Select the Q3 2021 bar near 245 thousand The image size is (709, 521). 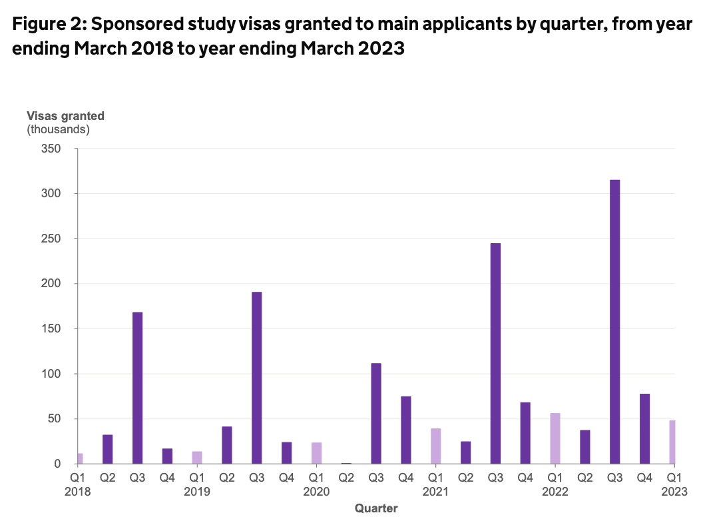pos(495,353)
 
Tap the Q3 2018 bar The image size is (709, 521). pos(137,388)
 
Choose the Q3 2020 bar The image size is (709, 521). pos(376,413)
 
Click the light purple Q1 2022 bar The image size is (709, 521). pos(555,438)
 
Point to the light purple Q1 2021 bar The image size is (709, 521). pos(435,446)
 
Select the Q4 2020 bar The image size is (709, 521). pos(405,430)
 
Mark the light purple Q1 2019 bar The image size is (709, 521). pos(197,457)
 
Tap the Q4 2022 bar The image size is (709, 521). pos(644,428)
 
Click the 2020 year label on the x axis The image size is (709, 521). pos(316,492)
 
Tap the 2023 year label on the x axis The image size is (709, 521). pos(674,492)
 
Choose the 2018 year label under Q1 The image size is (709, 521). pos(79,492)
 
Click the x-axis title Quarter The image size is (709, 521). pos(376,509)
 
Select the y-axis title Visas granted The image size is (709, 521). pos(65,116)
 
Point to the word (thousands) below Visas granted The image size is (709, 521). pos(58,129)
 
